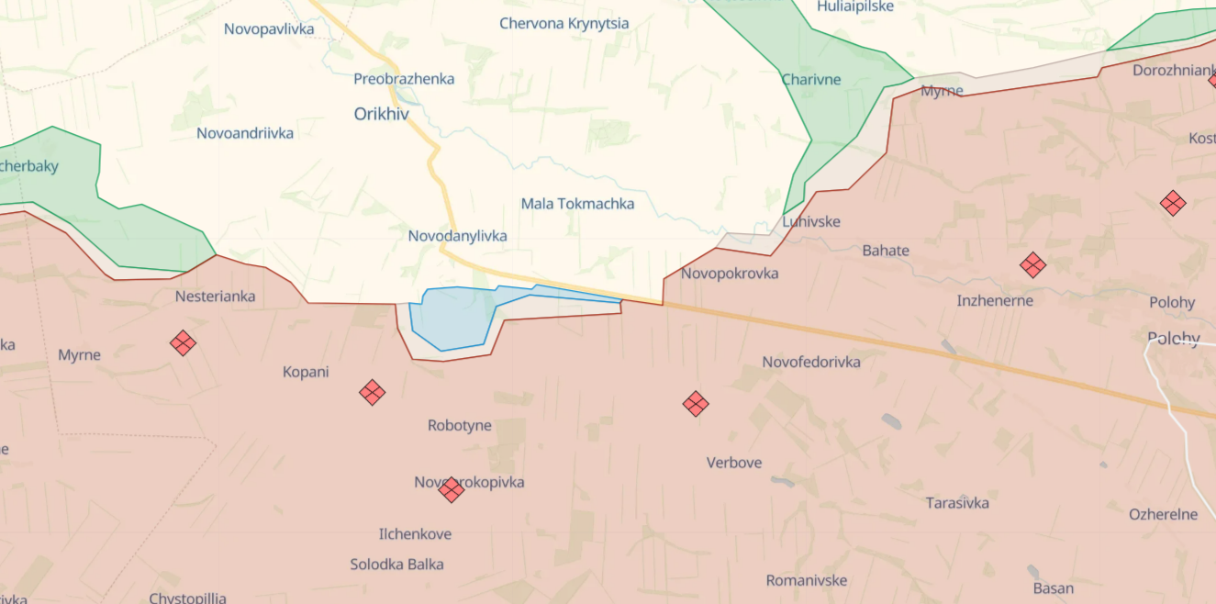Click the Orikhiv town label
click(x=382, y=115)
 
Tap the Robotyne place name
click(x=460, y=426)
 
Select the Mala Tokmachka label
click(x=577, y=204)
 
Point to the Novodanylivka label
click(x=457, y=236)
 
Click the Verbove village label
click(x=734, y=463)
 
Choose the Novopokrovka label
click(x=730, y=274)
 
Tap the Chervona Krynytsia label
click(x=564, y=23)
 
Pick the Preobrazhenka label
click(x=404, y=79)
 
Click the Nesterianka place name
click(x=215, y=296)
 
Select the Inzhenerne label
click(x=995, y=301)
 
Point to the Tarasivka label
click(x=957, y=503)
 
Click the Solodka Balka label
click(x=396, y=565)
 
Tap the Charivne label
click(x=811, y=80)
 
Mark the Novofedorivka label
click(x=811, y=363)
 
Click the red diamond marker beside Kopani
click(x=372, y=393)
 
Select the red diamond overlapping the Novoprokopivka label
click(x=451, y=489)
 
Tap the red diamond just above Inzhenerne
click(x=1032, y=265)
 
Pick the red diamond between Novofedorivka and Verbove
click(x=696, y=403)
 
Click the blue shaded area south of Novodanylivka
click(x=450, y=319)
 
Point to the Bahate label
click(x=886, y=251)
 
